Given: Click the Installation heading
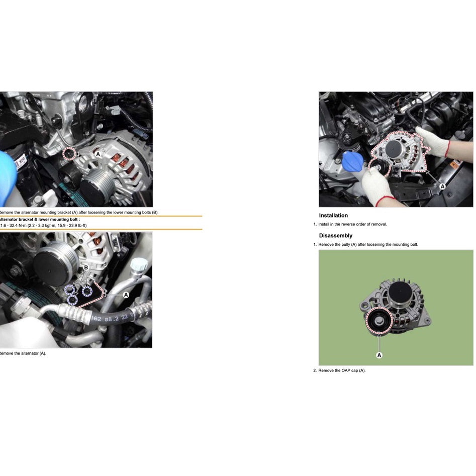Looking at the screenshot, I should pyautogui.click(x=333, y=216).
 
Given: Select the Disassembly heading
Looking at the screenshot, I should pyautogui.click(x=335, y=236).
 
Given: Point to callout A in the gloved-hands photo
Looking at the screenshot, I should pyautogui.click(x=442, y=186).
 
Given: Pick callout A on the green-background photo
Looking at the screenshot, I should pyautogui.click(x=379, y=355).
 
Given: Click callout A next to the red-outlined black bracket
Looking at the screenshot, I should pyautogui.click(x=126, y=295).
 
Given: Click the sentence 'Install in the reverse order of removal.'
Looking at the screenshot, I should pyautogui.click(x=352, y=224).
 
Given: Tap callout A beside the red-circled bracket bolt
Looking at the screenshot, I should pyautogui.click(x=98, y=155).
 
